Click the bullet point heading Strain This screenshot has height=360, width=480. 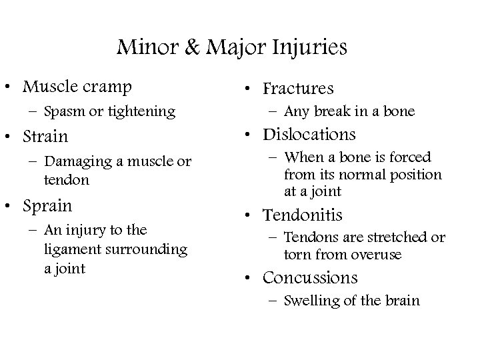click(x=45, y=137)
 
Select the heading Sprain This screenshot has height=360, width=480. click(x=48, y=205)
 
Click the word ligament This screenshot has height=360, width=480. click(x=70, y=249)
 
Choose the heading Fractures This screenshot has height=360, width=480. click(x=298, y=88)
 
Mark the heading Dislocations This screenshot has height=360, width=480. click(x=310, y=135)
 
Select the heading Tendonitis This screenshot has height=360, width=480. click(x=303, y=215)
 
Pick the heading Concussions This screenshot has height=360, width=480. click(x=310, y=277)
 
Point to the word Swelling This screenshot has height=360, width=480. click(x=310, y=301)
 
